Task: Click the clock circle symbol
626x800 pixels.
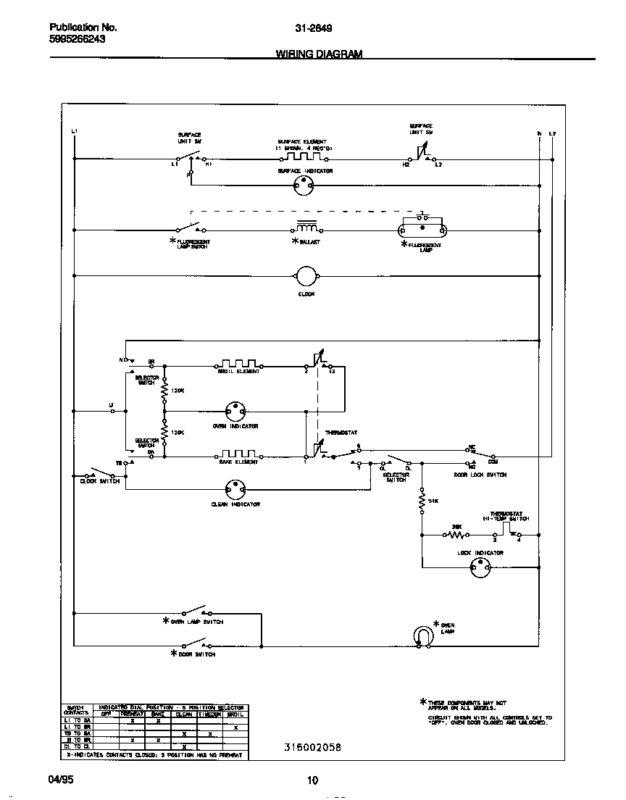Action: click(x=306, y=276)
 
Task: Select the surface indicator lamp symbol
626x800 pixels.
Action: click(x=304, y=186)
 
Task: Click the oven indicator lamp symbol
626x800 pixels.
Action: click(x=235, y=411)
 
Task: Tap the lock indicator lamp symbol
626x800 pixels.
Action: click(x=480, y=568)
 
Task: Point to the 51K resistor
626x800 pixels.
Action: click(x=422, y=501)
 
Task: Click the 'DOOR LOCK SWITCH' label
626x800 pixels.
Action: click(x=480, y=475)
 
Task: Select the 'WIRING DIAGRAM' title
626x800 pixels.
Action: click(x=319, y=54)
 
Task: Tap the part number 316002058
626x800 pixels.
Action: click(x=312, y=747)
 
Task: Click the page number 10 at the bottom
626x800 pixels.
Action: click(x=312, y=780)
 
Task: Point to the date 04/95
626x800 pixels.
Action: click(x=61, y=780)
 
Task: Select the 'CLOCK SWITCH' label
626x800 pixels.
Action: click(x=99, y=481)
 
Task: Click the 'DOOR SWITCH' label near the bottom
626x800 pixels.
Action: click(x=196, y=654)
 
